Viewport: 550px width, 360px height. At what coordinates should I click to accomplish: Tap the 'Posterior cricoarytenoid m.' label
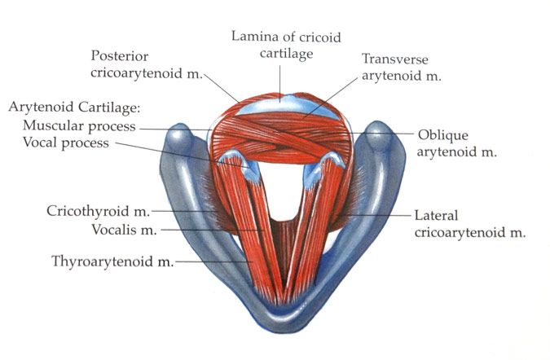click(x=145, y=64)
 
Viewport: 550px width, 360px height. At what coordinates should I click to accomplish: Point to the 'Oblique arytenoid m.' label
click(x=456, y=143)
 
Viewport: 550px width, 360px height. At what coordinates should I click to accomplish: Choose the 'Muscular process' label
click(x=80, y=126)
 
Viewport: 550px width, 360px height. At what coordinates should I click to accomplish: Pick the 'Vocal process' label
click(x=69, y=143)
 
